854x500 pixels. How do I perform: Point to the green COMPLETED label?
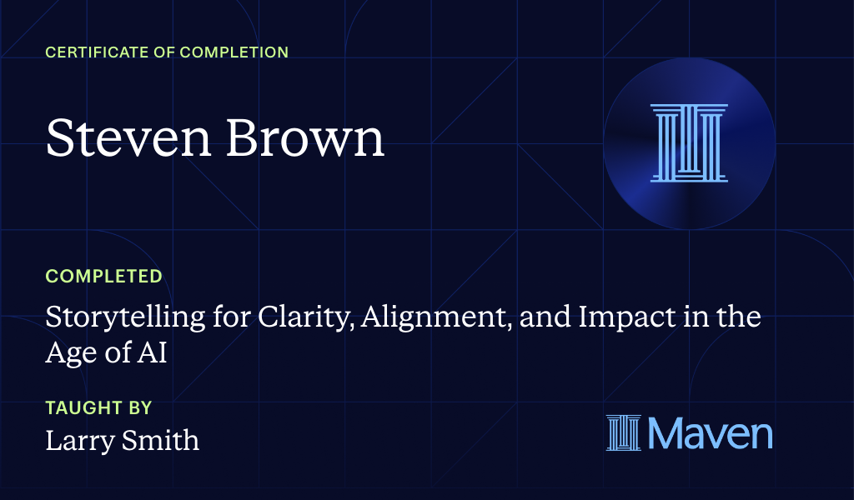click(x=103, y=276)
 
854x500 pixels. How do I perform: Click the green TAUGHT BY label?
click(x=98, y=408)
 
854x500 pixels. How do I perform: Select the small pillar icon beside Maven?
click(x=624, y=433)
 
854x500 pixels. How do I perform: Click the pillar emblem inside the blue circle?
click(x=689, y=142)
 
